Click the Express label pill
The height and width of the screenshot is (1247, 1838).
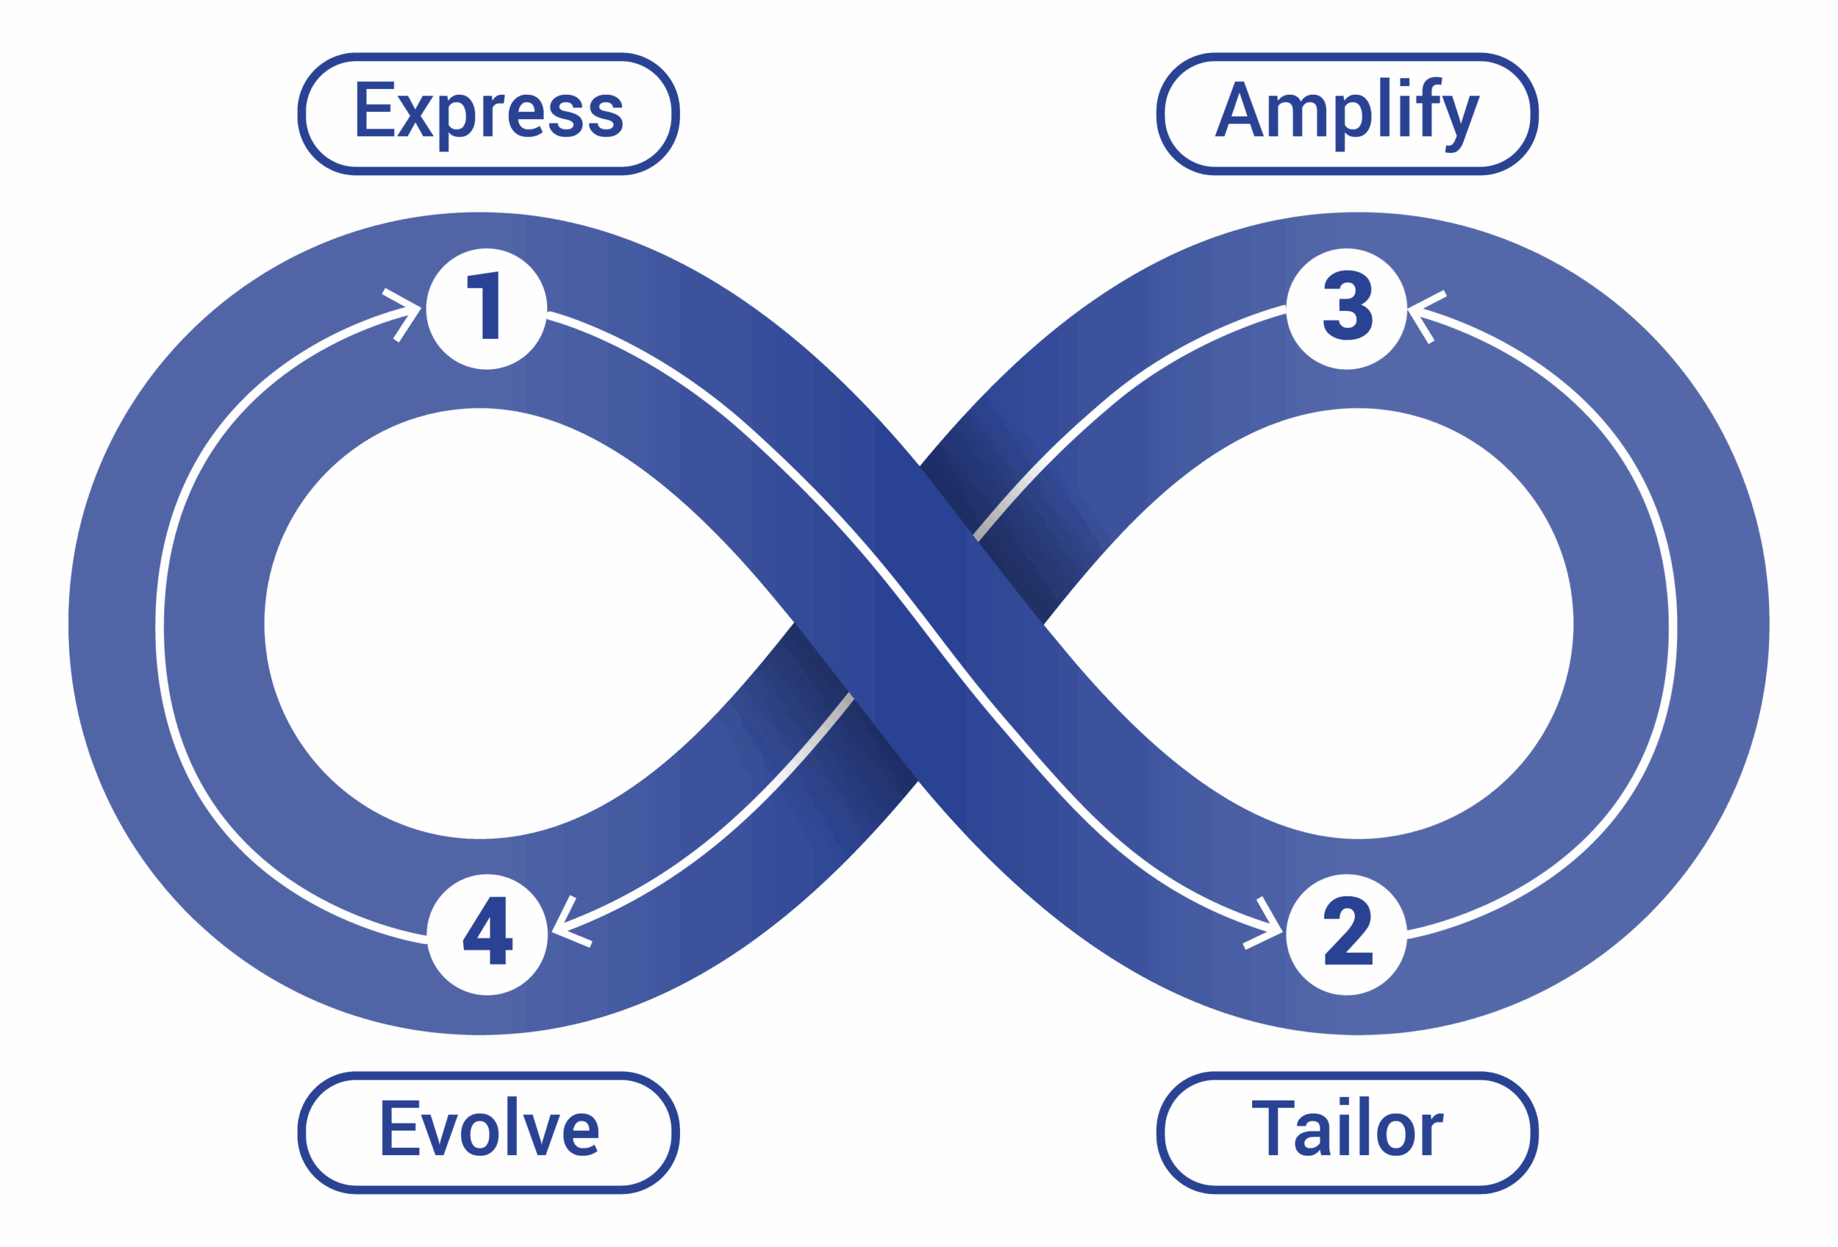point(488,114)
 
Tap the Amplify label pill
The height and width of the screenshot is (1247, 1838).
point(1347,114)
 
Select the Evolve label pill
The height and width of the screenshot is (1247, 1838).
point(488,1132)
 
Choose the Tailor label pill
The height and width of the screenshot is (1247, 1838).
point(1347,1132)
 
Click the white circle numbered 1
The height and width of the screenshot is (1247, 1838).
point(486,309)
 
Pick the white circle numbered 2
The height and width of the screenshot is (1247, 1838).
point(1346,934)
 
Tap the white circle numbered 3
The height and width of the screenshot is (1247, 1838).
point(1346,309)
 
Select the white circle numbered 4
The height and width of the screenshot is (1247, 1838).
point(488,934)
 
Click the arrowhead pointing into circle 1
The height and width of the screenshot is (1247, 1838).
point(406,313)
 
